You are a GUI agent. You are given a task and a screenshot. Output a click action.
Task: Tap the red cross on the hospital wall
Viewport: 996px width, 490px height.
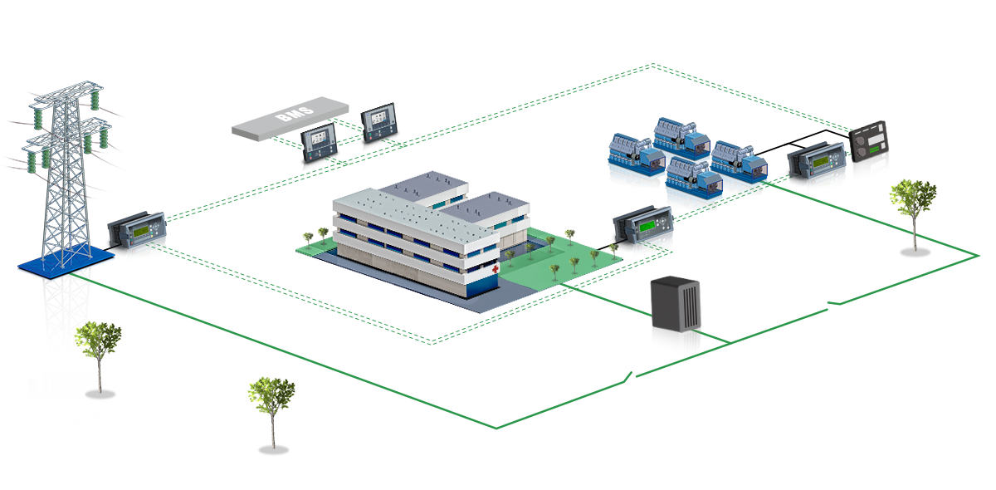click(496, 270)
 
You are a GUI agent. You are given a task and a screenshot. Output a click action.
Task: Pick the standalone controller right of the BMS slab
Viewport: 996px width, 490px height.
click(379, 125)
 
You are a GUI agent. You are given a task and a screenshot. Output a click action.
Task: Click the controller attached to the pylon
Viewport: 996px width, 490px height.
click(139, 236)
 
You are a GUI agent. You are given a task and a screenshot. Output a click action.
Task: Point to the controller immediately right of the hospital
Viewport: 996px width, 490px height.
click(643, 232)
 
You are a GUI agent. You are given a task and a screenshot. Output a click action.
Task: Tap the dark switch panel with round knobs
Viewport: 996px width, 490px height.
click(871, 154)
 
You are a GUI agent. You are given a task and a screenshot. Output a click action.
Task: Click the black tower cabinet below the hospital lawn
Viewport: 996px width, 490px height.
click(674, 326)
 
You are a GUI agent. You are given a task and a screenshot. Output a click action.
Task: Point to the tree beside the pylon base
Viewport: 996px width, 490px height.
click(99, 353)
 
